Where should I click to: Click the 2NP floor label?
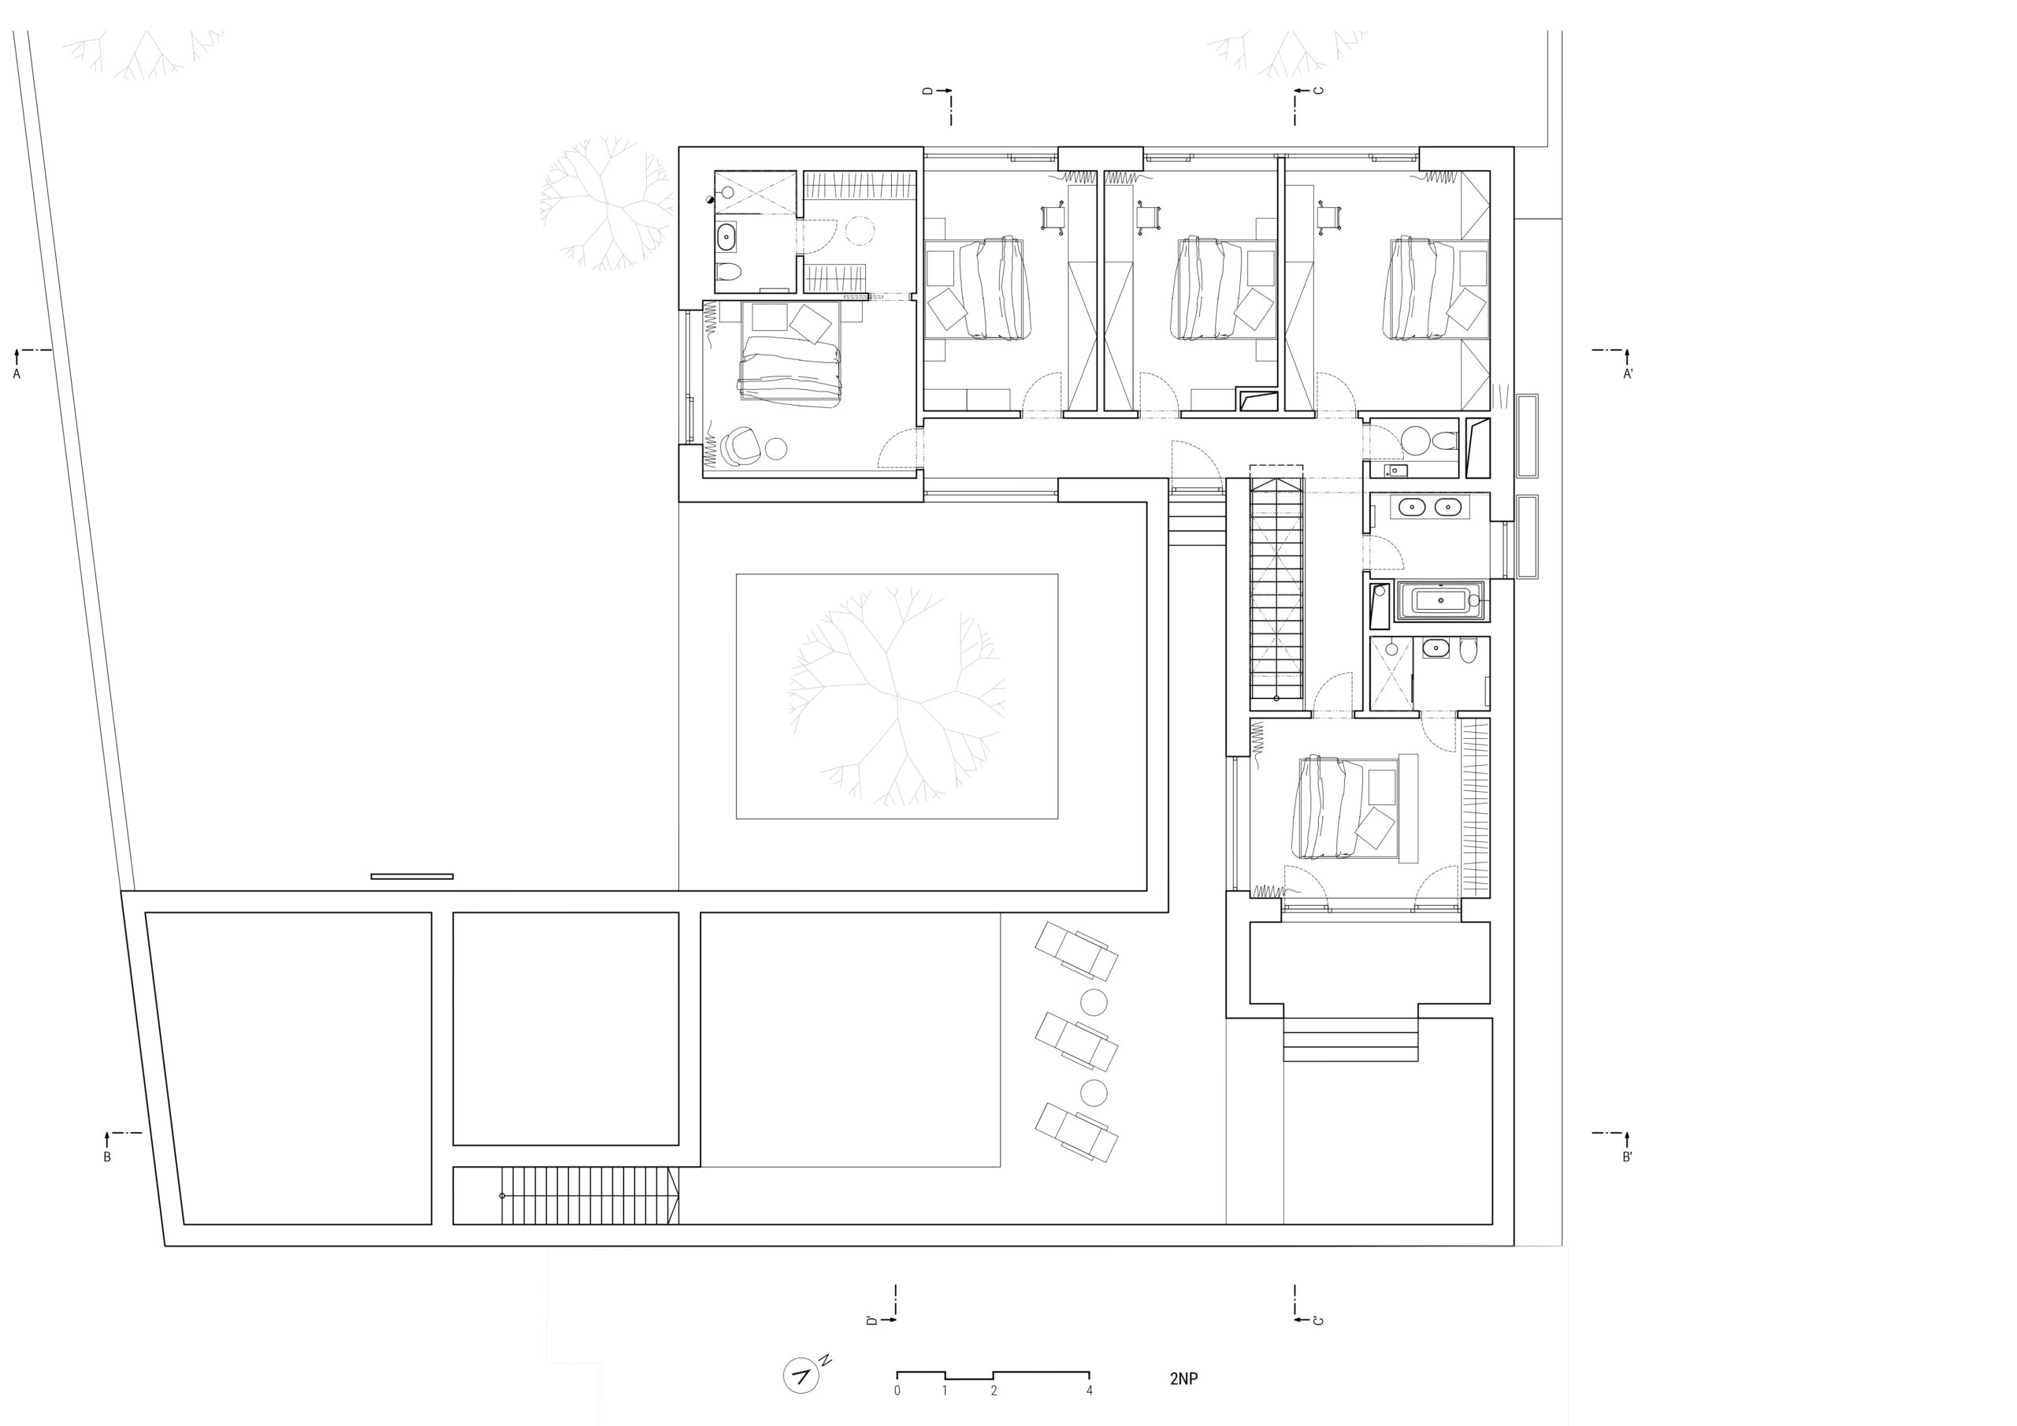(x=1183, y=1378)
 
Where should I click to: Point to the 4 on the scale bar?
(x=1090, y=1391)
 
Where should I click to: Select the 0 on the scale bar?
(x=897, y=1391)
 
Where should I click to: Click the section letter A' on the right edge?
(x=1628, y=373)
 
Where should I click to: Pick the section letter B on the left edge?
(x=107, y=1157)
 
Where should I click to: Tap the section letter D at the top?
(x=927, y=91)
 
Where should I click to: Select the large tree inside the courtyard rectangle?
(x=896, y=699)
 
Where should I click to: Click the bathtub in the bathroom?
(x=1439, y=601)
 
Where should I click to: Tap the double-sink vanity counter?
(x=1429, y=506)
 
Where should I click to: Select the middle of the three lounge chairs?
(x=1076, y=1043)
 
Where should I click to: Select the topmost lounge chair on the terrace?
(x=1076, y=952)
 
